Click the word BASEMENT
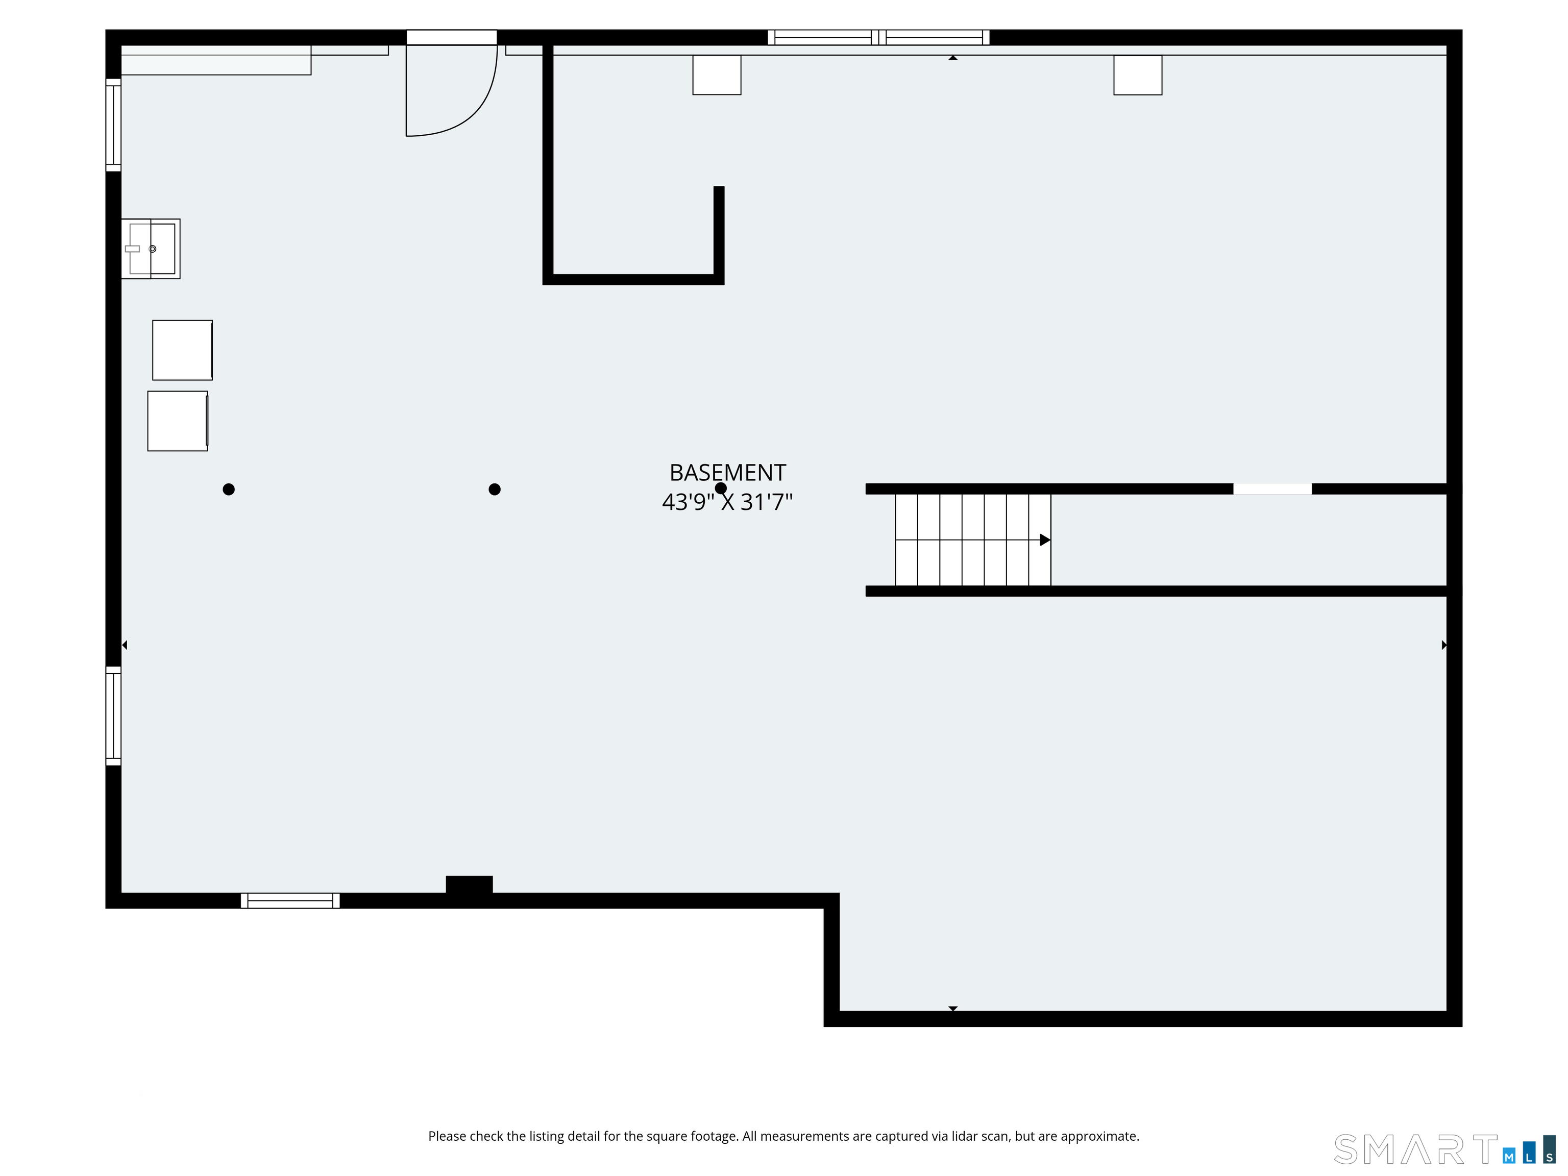(727, 473)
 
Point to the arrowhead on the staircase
(1044, 540)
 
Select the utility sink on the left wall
(151, 249)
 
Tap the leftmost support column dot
(228, 489)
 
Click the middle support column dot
(495, 489)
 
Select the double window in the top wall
(878, 38)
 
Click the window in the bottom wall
(290, 901)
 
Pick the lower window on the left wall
(113, 716)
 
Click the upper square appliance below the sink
(182, 350)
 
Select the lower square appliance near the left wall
(177, 421)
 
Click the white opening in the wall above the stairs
(1272, 489)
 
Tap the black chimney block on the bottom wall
(469, 886)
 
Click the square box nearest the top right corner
(1138, 75)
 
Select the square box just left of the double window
(717, 75)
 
